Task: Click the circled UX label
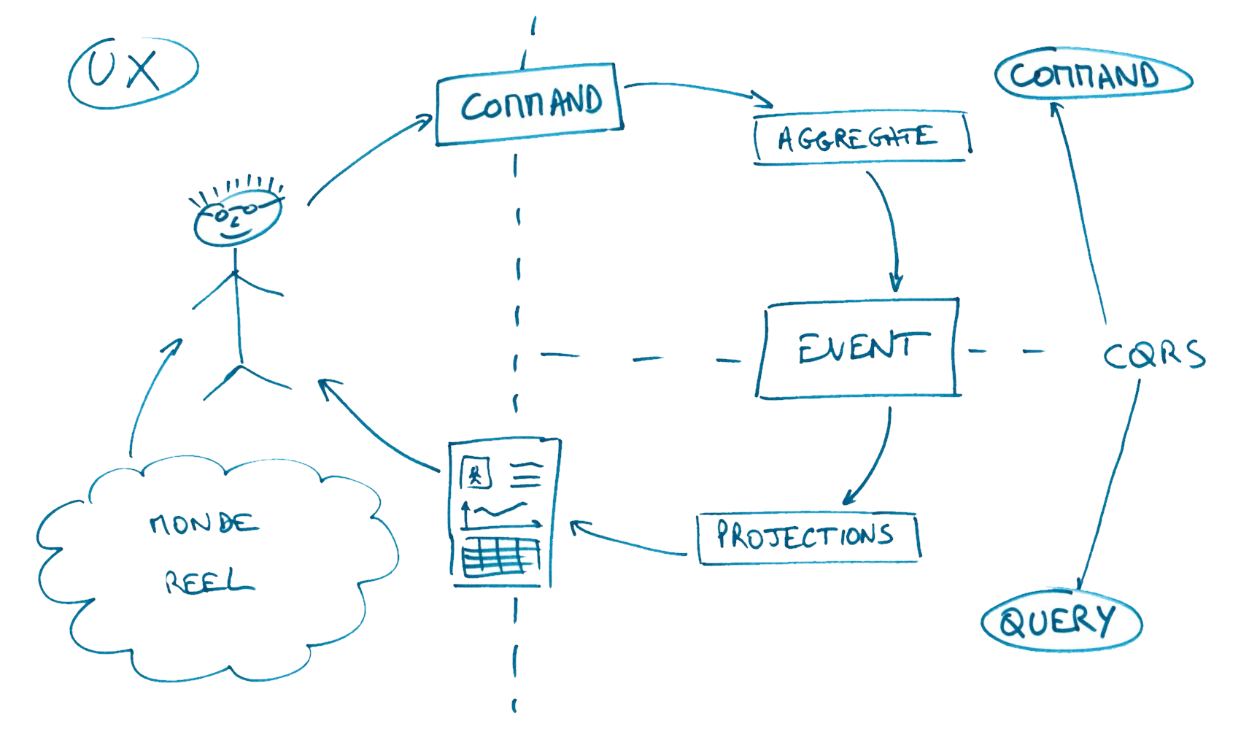(x=133, y=72)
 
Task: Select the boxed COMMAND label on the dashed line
(x=530, y=104)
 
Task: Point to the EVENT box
(x=858, y=348)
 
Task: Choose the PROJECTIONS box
(x=807, y=536)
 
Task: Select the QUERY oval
(x=1059, y=622)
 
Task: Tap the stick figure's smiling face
(x=236, y=220)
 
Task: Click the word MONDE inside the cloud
(x=203, y=522)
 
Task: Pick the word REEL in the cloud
(x=208, y=582)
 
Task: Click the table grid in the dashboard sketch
(x=500, y=558)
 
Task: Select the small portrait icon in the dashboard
(x=476, y=474)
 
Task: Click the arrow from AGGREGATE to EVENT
(x=889, y=226)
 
